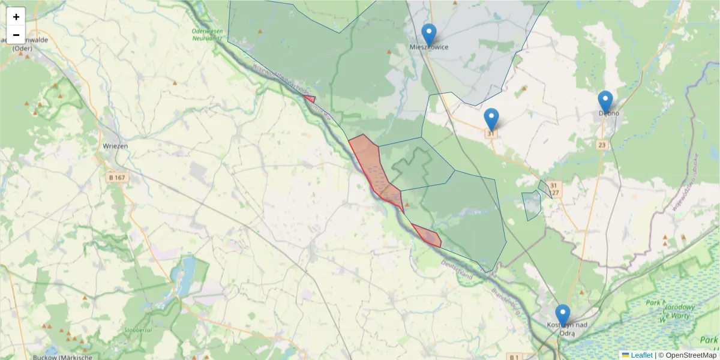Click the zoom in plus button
tap(16, 17)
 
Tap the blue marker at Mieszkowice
tap(428, 35)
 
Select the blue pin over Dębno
tap(605, 102)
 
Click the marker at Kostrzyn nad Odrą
tap(562, 316)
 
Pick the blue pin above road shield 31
tap(491, 119)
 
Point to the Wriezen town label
tap(115, 146)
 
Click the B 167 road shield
tap(117, 178)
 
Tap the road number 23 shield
tap(602, 145)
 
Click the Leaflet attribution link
tap(641, 355)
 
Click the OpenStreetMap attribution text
tap(691, 355)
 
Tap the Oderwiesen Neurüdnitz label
tap(207, 34)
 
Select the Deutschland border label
tap(456, 271)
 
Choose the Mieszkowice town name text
tap(428, 47)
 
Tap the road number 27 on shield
tap(556, 193)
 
